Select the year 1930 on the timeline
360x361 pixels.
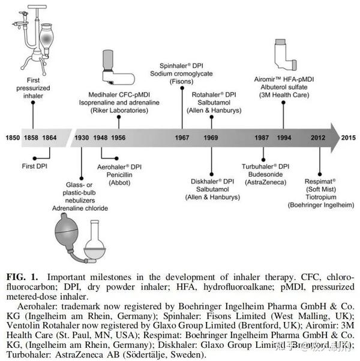pos(82,138)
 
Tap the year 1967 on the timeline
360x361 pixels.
pos(182,138)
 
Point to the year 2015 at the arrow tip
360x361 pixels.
pos(349,138)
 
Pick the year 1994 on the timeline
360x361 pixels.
pos(284,138)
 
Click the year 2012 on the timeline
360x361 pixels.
pos(319,138)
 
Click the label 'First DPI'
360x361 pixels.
pos(33,163)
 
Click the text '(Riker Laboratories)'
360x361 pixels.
pos(120,110)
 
